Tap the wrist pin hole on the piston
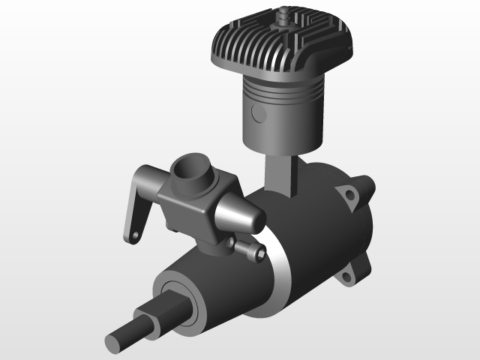(x=259, y=114)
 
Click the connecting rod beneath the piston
(x=281, y=172)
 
